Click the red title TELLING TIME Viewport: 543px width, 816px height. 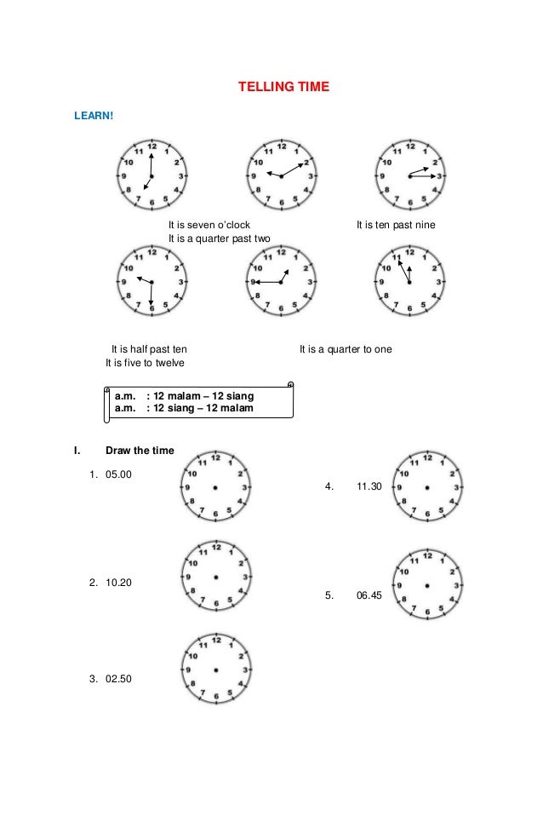point(282,88)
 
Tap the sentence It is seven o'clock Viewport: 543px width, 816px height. point(209,225)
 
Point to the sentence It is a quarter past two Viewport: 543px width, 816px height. point(219,238)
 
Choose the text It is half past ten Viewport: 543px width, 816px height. point(150,349)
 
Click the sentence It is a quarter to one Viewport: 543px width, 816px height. point(346,349)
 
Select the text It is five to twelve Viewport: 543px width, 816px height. point(144,363)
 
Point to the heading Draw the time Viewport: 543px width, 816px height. point(140,450)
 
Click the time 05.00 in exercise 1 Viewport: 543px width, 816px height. point(119,474)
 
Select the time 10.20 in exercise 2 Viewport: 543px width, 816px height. point(119,583)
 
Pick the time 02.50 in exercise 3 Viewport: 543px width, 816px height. point(119,679)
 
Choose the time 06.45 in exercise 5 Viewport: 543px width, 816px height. point(370,596)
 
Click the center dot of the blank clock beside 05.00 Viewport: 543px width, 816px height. point(216,487)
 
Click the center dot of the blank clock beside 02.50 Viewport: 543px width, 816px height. point(216,670)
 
